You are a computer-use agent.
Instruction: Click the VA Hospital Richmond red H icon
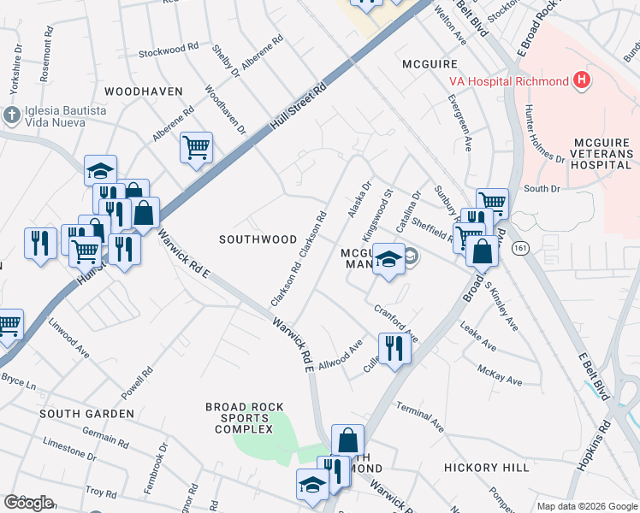[583, 81]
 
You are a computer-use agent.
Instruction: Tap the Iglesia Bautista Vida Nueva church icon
[11, 115]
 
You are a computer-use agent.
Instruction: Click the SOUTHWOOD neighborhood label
[258, 239]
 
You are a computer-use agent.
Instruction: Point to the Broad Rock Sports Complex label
[244, 418]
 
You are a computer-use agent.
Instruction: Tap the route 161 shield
[519, 247]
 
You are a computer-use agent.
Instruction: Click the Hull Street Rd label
[299, 107]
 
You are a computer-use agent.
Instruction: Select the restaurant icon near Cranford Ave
[394, 348]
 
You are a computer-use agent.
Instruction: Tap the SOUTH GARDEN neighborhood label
[86, 414]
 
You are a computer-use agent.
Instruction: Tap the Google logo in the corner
[28, 503]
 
